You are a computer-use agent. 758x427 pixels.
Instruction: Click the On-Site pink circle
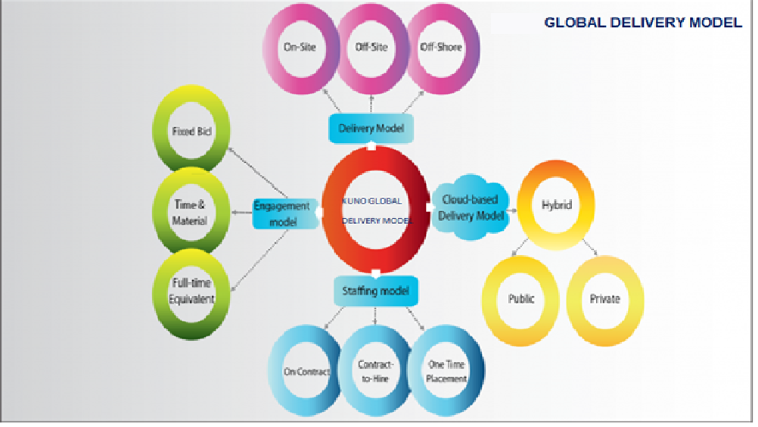coord(300,48)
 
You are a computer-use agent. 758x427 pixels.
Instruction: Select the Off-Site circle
coord(371,48)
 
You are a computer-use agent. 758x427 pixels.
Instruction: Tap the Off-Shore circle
coord(441,48)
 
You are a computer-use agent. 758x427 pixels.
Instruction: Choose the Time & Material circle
coord(190,213)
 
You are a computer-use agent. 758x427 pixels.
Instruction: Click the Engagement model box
coord(282,213)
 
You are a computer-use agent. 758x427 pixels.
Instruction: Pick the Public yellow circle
coord(520,298)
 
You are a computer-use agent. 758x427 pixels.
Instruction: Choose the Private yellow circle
coord(604,298)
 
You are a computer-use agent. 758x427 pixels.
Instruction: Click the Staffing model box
coord(375,291)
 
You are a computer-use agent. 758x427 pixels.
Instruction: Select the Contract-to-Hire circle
coord(375,372)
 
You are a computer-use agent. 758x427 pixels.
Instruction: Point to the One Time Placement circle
coord(446,372)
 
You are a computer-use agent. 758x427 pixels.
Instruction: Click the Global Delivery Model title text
coord(643,23)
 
